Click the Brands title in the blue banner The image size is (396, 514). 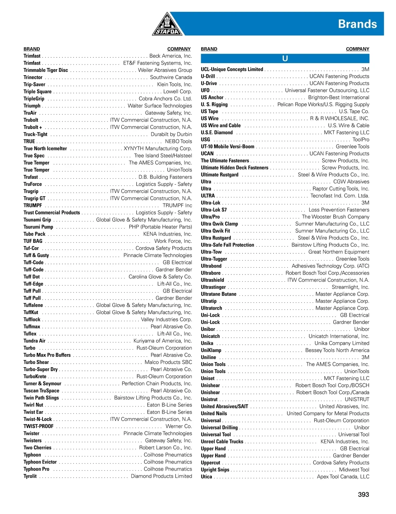coord(357,24)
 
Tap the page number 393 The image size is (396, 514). coord(363,494)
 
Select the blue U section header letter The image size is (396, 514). coord(285,59)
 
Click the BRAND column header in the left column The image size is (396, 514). coord(32,49)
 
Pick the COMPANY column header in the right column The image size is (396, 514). coord(357,49)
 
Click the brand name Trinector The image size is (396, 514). coord(33,77)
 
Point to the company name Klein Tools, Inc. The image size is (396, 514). coord(174,84)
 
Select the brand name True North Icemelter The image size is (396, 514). coord(45,148)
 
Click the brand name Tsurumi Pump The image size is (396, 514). coord(38,227)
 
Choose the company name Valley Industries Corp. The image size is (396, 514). coord(166,319)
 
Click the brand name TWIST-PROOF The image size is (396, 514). coord(38,426)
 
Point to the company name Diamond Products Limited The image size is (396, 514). coord(161,476)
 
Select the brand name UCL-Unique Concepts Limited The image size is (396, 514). coord(232,69)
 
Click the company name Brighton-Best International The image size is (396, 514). coord(339,97)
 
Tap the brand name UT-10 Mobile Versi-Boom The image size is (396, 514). coord(228,146)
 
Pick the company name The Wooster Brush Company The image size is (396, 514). coord(335,217)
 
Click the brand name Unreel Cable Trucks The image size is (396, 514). coord(222,441)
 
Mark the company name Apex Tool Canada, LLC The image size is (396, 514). coord(343,477)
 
